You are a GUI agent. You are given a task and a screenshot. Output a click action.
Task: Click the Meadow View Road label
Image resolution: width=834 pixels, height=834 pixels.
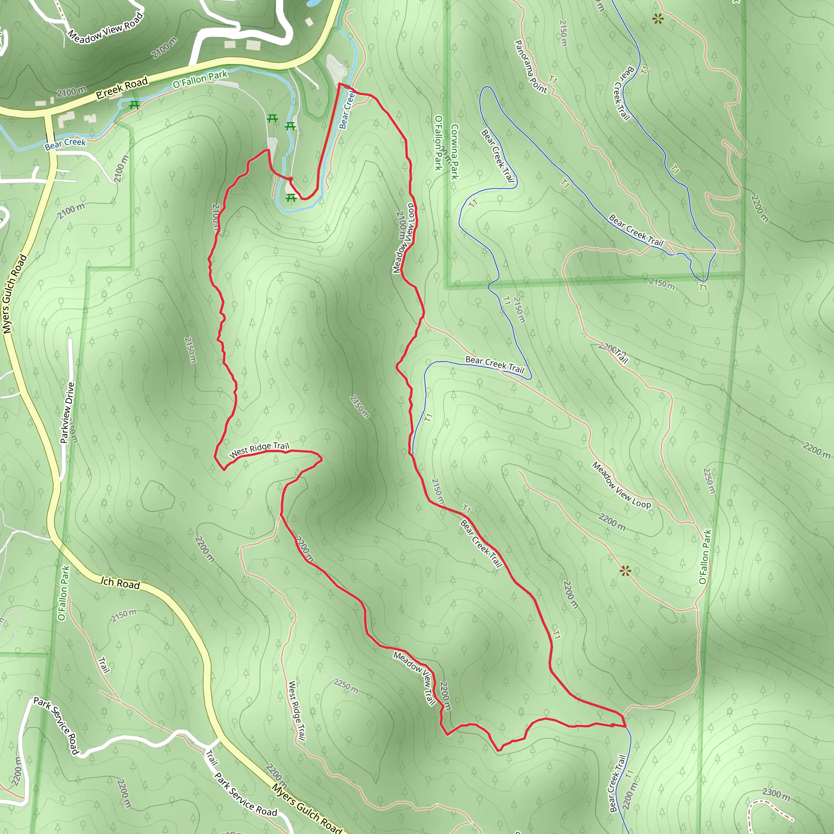click(105, 28)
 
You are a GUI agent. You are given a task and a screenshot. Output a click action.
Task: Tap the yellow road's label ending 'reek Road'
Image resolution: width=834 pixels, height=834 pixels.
click(122, 88)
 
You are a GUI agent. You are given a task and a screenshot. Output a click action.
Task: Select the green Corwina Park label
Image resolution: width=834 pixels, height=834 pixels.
click(454, 151)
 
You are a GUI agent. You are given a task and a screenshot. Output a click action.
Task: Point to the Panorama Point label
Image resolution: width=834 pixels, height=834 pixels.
click(531, 67)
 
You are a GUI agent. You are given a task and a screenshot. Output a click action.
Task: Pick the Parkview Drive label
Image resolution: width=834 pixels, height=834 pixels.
click(67, 413)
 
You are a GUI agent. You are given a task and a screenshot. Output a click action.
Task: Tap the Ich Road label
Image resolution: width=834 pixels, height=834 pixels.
click(121, 583)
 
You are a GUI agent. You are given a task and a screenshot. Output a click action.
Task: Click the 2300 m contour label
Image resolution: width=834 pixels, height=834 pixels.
click(776, 794)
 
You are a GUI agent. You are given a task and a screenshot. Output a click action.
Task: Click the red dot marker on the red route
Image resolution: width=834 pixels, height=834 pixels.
click(290, 179)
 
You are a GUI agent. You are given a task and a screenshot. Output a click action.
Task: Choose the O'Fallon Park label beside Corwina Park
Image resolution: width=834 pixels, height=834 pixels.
click(439, 143)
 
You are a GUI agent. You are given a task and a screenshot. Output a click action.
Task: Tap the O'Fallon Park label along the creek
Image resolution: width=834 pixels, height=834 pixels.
click(200, 79)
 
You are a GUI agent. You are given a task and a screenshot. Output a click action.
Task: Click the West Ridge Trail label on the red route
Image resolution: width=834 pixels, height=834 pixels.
click(259, 450)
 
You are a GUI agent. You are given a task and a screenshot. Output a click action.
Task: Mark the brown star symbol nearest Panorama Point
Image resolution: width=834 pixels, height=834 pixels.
click(657, 19)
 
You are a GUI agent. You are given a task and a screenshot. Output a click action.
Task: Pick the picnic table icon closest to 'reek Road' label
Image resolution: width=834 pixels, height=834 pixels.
click(134, 105)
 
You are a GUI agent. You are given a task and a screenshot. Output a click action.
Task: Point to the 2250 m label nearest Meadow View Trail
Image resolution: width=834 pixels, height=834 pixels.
click(346, 686)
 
